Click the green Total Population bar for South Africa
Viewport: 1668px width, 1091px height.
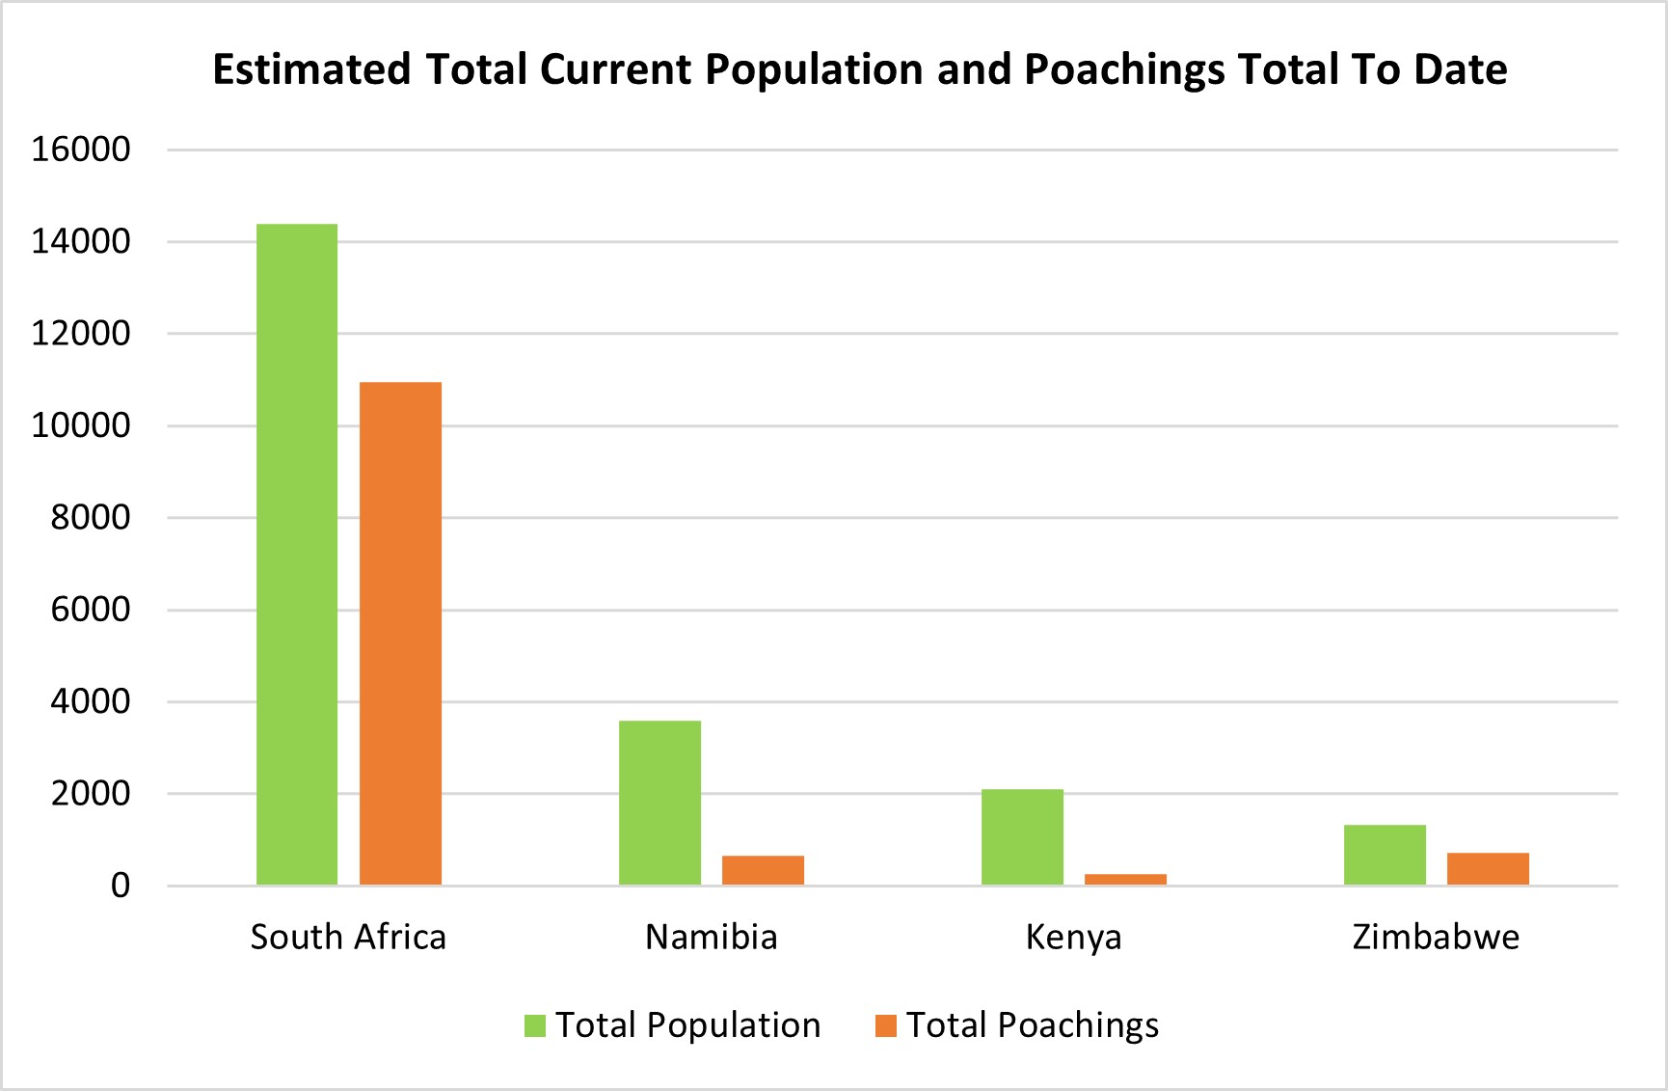(x=297, y=555)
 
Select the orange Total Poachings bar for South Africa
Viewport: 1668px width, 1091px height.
(x=400, y=634)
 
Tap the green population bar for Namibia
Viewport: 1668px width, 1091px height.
(x=659, y=803)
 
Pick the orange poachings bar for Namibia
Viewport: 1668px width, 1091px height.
(x=763, y=870)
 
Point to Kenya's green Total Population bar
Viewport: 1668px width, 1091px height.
(x=1022, y=837)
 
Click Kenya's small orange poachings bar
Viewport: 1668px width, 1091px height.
(x=1125, y=879)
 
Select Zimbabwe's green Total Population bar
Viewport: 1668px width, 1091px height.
(x=1385, y=855)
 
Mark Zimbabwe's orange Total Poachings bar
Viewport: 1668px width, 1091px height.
(x=1488, y=868)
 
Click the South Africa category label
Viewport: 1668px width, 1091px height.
(x=348, y=937)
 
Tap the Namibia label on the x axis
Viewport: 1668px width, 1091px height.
(x=711, y=937)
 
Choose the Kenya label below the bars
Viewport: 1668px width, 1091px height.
(x=1073, y=937)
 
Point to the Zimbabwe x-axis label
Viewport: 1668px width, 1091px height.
(x=1436, y=937)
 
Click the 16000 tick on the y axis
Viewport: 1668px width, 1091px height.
(x=81, y=150)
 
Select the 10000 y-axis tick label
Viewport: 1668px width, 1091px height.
(x=81, y=425)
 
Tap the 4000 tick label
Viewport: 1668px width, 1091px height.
(x=91, y=701)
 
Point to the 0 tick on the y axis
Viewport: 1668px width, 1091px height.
(x=121, y=886)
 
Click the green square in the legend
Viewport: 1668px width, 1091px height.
(x=535, y=1025)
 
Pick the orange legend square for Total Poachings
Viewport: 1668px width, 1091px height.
(x=885, y=1025)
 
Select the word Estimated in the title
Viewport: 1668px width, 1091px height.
(x=311, y=69)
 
